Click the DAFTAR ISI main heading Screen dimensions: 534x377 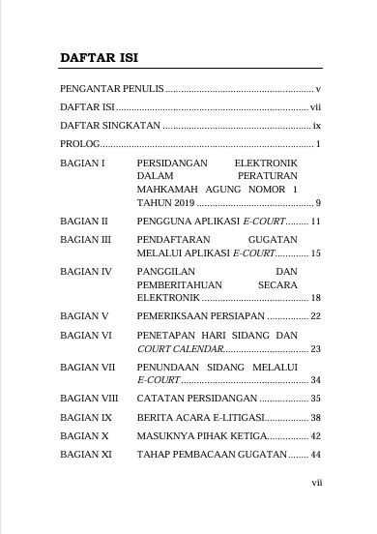pyautogui.click(x=98, y=58)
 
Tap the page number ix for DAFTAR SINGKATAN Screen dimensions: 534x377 pyautogui.click(x=316, y=127)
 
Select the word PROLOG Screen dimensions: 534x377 pyautogui.click(x=79, y=145)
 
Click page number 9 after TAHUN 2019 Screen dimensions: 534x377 pyautogui.click(x=318, y=202)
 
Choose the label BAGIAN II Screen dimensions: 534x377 pyautogui.click(x=83, y=222)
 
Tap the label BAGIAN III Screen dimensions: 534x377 pyautogui.click(x=85, y=237)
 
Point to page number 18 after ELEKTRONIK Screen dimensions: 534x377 pyautogui.click(x=315, y=298)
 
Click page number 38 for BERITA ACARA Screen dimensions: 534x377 pyautogui.click(x=315, y=417)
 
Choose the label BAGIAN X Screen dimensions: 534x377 pyautogui.click(x=83, y=435)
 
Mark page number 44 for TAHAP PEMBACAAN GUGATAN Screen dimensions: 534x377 pyautogui.click(x=315, y=454)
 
